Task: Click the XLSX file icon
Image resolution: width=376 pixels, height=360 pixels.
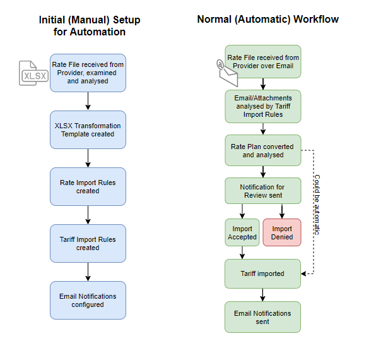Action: click(33, 73)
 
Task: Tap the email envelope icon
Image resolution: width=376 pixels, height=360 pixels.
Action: click(227, 73)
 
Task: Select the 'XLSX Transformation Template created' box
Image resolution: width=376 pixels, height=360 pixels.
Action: click(88, 130)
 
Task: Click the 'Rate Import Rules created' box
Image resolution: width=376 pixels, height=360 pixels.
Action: click(88, 187)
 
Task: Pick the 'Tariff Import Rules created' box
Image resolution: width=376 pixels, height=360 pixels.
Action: click(88, 244)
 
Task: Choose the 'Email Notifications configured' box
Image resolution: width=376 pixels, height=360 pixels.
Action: click(88, 300)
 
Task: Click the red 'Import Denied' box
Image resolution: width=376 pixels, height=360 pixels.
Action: click(282, 232)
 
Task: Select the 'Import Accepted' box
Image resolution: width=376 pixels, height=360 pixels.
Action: click(242, 232)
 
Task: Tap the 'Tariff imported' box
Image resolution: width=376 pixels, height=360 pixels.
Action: click(262, 273)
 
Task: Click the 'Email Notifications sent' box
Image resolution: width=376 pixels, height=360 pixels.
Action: click(262, 317)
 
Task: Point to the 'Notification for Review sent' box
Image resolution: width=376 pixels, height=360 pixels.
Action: click(263, 191)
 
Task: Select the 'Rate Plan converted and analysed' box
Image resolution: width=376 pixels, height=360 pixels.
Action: click(263, 150)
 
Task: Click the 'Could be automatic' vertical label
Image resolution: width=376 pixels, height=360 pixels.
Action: click(317, 205)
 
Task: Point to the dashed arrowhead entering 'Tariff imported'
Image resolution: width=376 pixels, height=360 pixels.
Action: click(303, 273)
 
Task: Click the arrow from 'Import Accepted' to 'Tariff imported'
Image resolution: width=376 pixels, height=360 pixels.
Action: click(242, 253)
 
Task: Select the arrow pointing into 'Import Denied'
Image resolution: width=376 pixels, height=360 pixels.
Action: click(282, 212)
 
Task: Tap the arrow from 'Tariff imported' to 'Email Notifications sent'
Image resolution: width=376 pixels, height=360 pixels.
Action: click(262, 295)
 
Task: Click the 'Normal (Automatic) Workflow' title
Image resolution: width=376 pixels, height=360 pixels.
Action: click(268, 20)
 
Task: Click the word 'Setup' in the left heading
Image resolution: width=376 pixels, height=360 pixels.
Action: click(127, 20)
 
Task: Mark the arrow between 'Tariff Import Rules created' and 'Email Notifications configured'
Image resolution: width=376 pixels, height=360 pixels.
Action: click(88, 272)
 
